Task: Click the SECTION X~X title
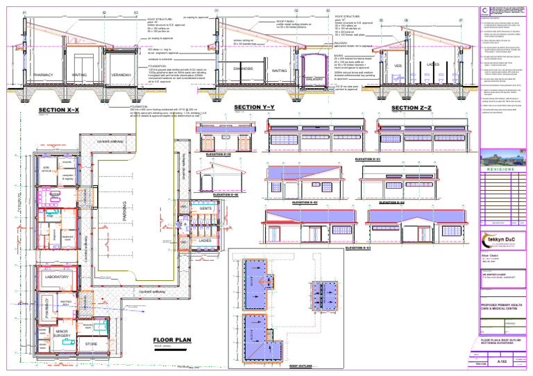[x=59, y=110]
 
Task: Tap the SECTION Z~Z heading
[x=412, y=108]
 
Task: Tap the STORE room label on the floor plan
[x=91, y=343]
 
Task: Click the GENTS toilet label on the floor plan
[x=205, y=209]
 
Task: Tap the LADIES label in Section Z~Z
[x=433, y=65]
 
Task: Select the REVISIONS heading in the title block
[x=500, y=169]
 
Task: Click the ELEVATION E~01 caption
[x=366, y=160]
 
